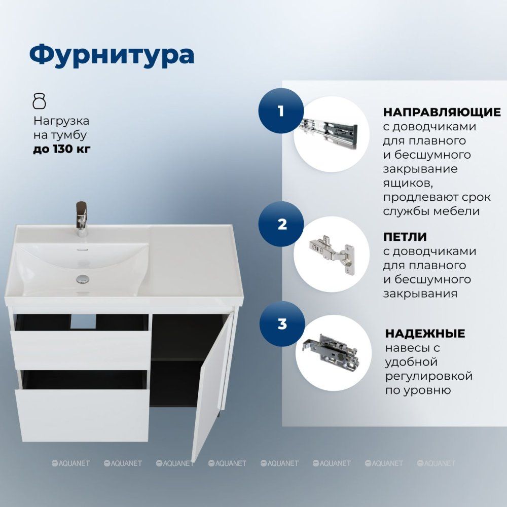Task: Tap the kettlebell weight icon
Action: coord(40,101)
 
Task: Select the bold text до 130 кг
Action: coord(62,149)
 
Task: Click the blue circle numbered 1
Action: coord(281,111)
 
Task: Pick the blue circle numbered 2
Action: coord(281,224)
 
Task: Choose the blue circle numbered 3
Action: coord(282,324)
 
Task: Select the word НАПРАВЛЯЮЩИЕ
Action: coord(442,112)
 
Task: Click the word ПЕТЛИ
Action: coord(405,237)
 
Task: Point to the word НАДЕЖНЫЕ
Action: coord(425,333)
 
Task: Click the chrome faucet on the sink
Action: coord(82,219)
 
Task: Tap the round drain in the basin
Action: coord(83,279)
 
